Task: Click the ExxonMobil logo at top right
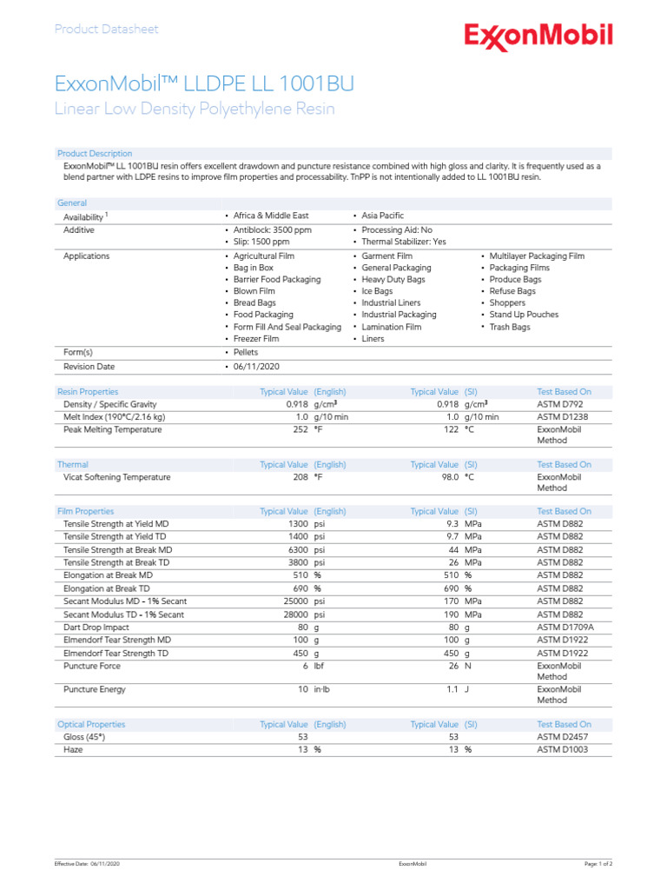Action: tap(538, 36)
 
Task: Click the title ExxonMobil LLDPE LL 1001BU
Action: tap(204, 83)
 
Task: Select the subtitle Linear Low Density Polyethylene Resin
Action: tap(194, 110)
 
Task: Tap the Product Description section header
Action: tap(95, 154)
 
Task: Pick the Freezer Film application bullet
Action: tap(256, 339)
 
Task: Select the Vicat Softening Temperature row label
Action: tap(117, 477)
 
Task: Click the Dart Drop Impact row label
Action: tap(96, 627)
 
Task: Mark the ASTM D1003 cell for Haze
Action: tap(563, 749)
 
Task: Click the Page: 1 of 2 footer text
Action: tap(598, 865)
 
